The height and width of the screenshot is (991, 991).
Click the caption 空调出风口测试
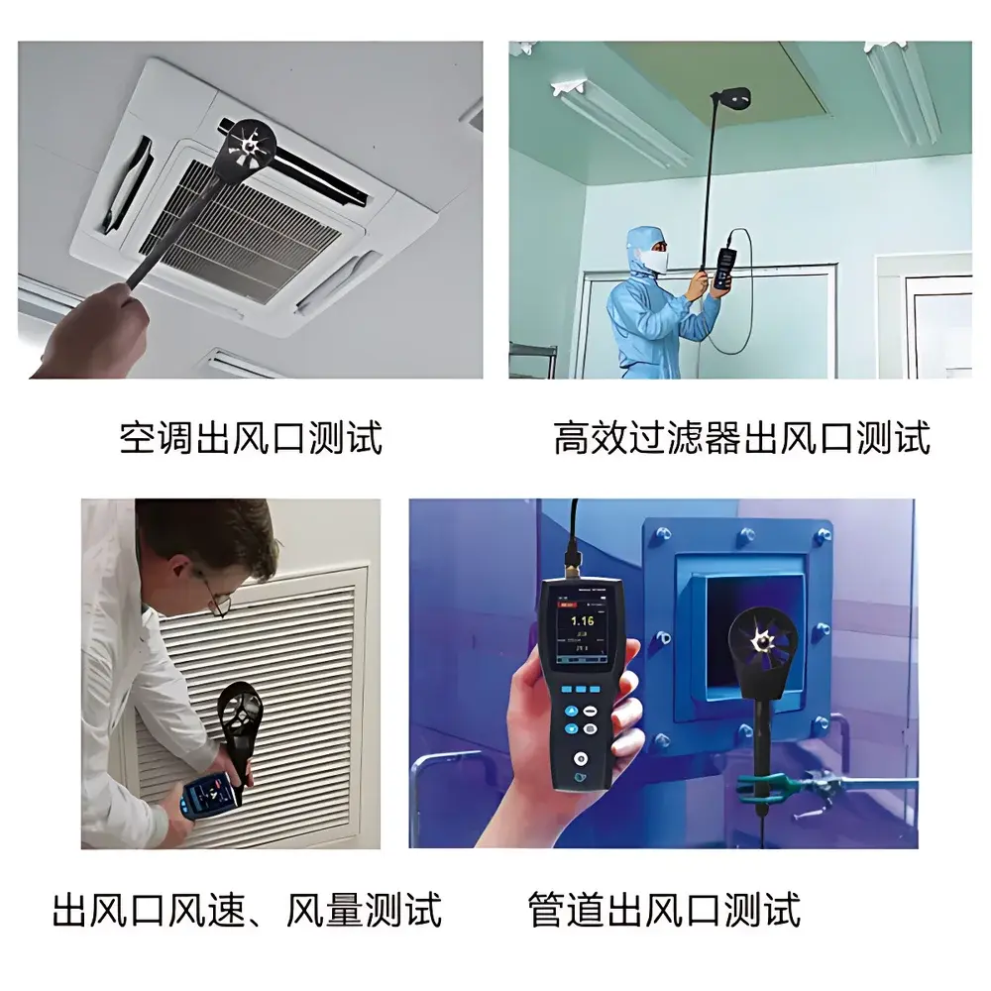coord(250,437)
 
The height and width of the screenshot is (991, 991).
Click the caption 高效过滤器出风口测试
coord(741,437)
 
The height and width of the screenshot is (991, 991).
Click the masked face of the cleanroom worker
coord(651,259)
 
